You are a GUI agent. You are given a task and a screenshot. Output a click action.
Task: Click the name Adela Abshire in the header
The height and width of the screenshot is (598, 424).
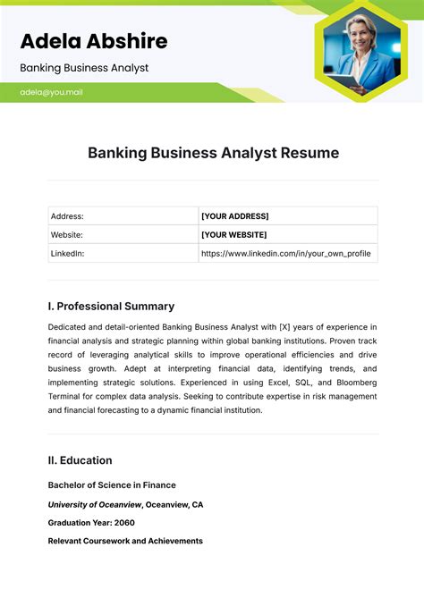point(93,40)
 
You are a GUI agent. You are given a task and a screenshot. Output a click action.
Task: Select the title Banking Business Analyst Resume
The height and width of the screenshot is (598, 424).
point(213,153)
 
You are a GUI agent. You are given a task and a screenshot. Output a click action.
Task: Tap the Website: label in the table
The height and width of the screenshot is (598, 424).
point(67,235)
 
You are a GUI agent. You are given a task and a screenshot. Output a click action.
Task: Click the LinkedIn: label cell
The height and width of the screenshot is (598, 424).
point(68,254)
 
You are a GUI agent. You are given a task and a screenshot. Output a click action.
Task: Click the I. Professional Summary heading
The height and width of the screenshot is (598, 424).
point(111,306)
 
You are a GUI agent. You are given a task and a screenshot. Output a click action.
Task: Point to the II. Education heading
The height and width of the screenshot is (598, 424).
point(80,460)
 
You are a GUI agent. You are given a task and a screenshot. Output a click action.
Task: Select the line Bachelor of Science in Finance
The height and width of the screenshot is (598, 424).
point(110,485)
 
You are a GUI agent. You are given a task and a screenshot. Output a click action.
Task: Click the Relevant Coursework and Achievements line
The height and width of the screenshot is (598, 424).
point(125,541)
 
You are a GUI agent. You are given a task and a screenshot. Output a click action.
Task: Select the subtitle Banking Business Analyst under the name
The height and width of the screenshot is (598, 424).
point(84,68)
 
